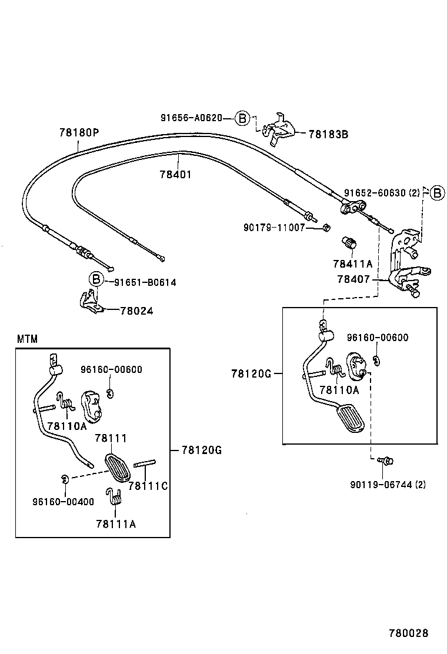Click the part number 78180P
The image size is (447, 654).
click(x=78, y=132)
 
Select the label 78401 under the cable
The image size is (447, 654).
click(x=175, y=175)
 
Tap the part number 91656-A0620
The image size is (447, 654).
click(x=191, y=118)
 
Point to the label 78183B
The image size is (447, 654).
click(x=328, y=134)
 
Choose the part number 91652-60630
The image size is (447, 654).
click(x=376, y=192)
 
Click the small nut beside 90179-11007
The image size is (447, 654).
click(x=328, y=227)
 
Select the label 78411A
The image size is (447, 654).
click(x=353, y=264)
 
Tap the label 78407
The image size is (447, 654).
click(x=353, y=279)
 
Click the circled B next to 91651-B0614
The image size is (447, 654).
click(x=96, y=280)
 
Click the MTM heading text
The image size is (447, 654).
click(x=27, y=339)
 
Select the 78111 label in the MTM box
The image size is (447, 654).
click(x=111, y=438)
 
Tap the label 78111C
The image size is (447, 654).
click(x=148, y=486)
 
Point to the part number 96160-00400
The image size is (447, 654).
click(x=63, y=502)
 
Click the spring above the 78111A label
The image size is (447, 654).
click(x=115, y=497)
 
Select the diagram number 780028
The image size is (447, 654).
click(x=408, y=633)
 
